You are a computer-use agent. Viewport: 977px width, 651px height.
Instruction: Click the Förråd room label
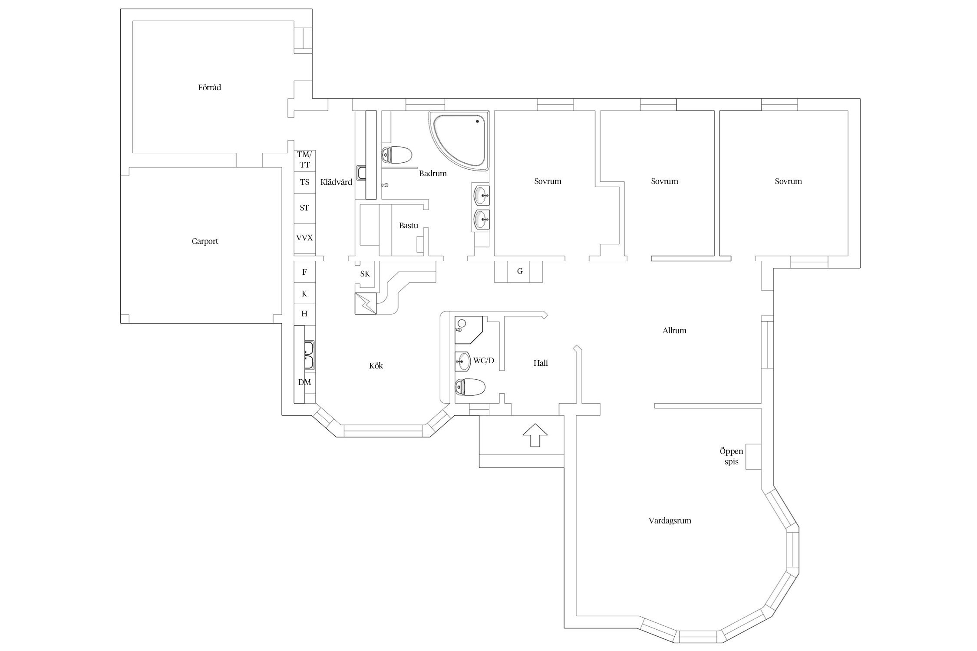209,88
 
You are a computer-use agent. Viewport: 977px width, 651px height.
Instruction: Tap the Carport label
205,241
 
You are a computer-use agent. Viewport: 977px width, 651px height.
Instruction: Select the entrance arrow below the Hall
535,435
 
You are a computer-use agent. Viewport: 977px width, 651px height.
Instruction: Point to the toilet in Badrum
396,155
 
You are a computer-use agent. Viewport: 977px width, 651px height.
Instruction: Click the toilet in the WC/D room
470,387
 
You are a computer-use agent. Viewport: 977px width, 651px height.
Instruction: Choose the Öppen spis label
731,457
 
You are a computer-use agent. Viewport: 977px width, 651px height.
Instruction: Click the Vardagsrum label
670,521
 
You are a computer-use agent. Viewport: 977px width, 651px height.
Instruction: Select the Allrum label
674,331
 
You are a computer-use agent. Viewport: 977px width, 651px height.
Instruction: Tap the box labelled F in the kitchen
304,272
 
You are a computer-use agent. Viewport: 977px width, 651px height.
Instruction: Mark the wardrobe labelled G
519,272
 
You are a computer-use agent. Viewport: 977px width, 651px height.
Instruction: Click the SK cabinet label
365,274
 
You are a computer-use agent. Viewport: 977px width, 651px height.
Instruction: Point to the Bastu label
409,226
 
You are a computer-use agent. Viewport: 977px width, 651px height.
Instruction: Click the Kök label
376,366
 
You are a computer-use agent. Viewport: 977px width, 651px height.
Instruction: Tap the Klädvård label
336,182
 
